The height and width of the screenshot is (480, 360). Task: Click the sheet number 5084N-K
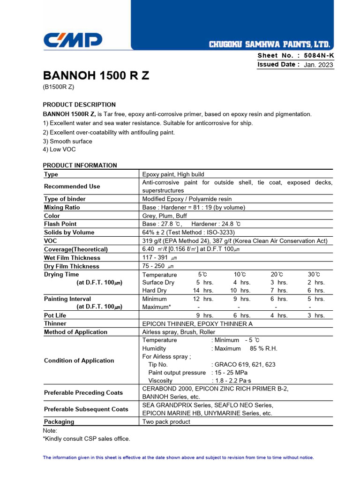point(319,55)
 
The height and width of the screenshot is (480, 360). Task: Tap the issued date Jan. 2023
point(319,65)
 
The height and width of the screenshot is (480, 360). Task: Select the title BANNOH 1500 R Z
point(96,75)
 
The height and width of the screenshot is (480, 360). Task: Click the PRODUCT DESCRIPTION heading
point(79,105)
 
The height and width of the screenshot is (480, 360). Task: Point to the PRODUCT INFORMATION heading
point(80,165)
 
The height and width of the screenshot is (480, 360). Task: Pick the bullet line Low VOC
point(59,150)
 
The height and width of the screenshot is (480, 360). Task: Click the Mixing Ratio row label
point(62,207)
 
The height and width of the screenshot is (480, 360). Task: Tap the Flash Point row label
point(60,224)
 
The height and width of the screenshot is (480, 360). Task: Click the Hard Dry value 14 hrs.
point(203,291)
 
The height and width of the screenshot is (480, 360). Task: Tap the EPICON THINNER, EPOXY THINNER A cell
point(197,323)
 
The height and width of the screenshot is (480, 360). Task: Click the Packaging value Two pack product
point(166,421)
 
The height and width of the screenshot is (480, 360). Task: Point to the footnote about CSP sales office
point(86,439)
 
